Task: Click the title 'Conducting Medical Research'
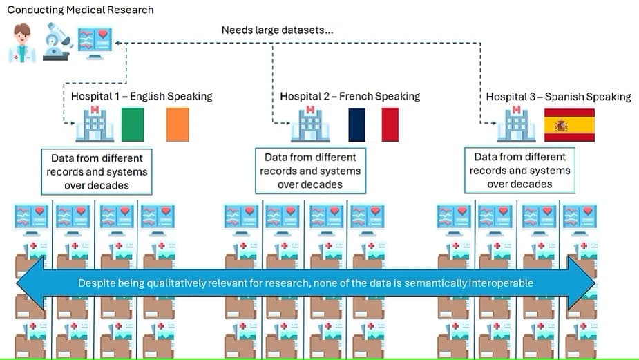point(80,10)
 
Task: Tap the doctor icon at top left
point(22,43)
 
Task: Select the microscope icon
point(57,42)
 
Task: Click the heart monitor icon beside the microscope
point(95,42)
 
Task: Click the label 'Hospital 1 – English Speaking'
point(142,96)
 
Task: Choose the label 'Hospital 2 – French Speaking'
point(350,96)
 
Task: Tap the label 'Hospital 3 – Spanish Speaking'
point(558,97)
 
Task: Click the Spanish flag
point(569,125)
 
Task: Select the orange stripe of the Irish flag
point(178,125)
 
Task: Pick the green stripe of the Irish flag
point(133,125)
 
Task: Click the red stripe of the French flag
point(390,125)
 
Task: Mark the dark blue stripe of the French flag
point(356,125)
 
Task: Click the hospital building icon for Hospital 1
point(95,125)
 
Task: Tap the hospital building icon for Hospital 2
point(310,125)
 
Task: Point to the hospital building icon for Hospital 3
point(516,125)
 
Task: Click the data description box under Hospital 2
point(310,171)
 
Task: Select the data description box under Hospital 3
point(519,170)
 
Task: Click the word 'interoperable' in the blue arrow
point(502,283)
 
